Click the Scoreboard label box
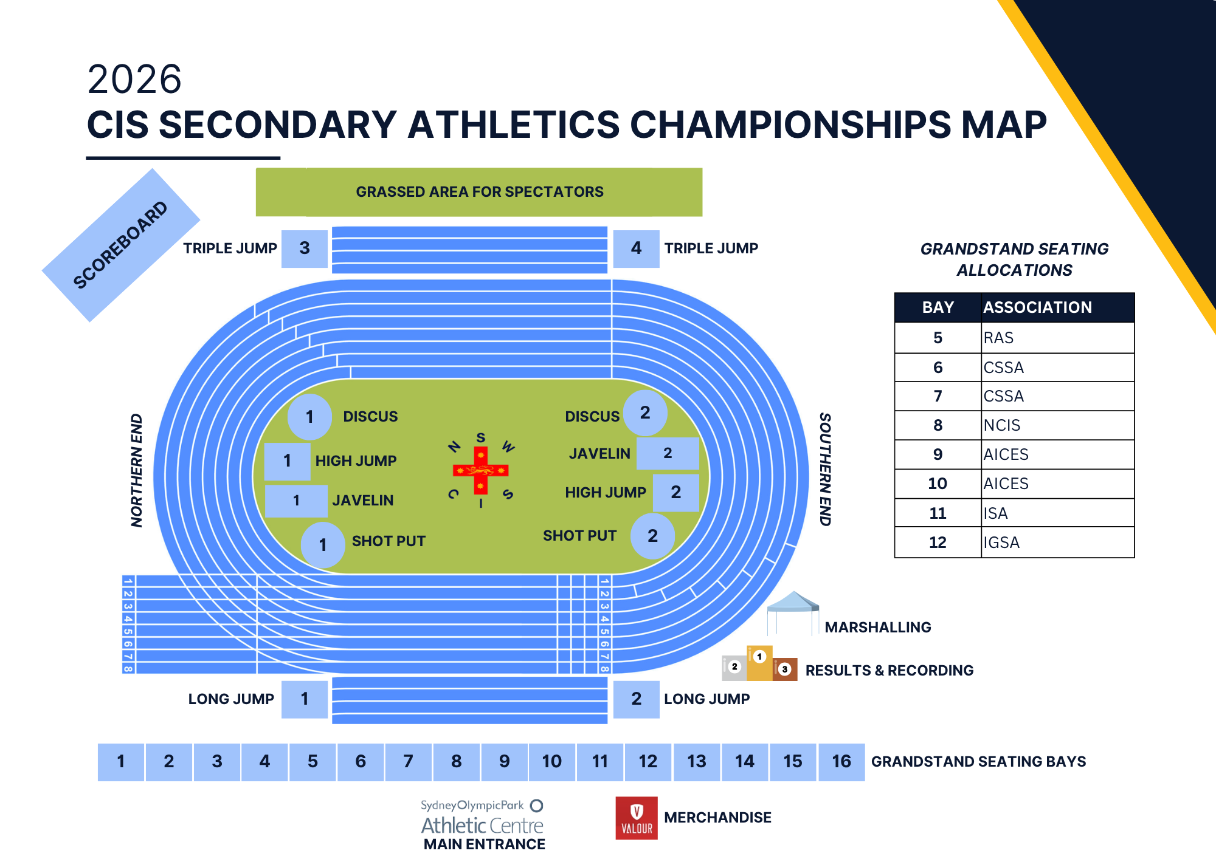(121, 245)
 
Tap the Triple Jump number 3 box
(305, 248)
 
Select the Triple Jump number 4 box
(636, 248)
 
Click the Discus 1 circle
(309, 417)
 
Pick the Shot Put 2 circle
(652, 536)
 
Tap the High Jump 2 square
(675, 493)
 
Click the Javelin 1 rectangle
(296, 501)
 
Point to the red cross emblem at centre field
(480, 470)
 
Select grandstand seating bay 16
(841, 762)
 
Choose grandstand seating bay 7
(409, 762)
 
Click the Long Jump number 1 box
(305, 699)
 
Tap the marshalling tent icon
(793, 613)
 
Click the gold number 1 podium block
(759, 663)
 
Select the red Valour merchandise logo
(637, 818)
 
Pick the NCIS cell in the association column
(1057, 425)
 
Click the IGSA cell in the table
(1057, 542)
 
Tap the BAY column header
(938, 307)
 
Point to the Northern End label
(137, 470)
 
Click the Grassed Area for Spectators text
(480, 192)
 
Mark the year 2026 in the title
(134, 79)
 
